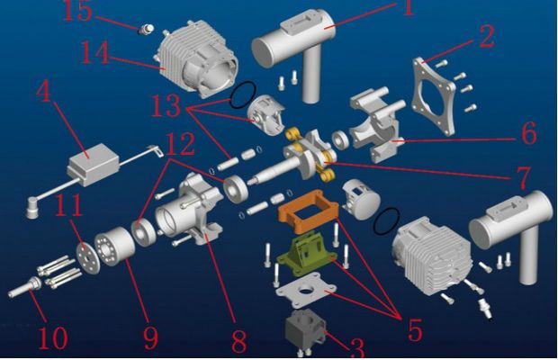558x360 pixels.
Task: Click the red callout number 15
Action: [77, 11]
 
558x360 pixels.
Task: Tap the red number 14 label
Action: [95, 52]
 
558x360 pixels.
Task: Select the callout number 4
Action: [44, 91]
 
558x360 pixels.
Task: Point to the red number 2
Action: [487, 37]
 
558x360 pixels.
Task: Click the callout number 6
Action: [529, 133]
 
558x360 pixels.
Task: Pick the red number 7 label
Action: [523, 177]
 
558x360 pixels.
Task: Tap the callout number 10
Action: [53, 337]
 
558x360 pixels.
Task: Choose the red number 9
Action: [150, 337]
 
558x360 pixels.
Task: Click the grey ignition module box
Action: [94, 165]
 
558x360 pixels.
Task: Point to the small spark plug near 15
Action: [147, 29]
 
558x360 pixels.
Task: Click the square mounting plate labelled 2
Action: [434, 97]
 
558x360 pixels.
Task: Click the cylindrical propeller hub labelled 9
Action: [114, 247]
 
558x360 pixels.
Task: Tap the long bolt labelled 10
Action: [25, 287]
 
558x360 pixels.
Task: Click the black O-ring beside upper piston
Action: [243, 95]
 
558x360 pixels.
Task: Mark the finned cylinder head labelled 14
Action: [196, 58]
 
